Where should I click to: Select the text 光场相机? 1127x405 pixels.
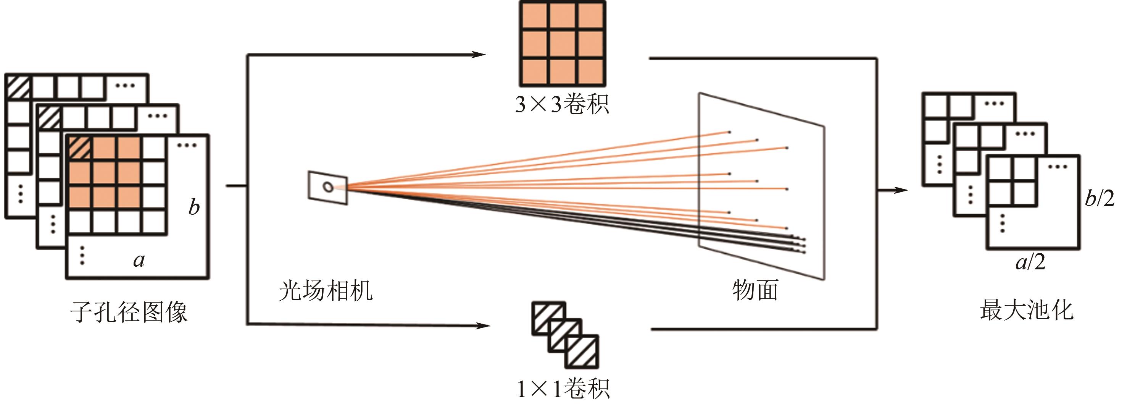click(x=326, y=290)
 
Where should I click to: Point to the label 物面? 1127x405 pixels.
click(x=756, y=290)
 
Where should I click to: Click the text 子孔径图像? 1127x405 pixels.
click(x=129, y=312)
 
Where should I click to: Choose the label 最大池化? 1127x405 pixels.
click(x=1026, y=310)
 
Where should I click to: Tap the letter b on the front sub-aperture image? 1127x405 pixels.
click(x=194, y=207)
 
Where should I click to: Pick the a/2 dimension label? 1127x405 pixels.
click(x=1030, y=262)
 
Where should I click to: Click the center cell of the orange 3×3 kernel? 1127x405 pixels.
click(x=563, y=44)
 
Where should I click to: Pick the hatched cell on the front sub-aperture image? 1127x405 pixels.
click(x=79, y=148)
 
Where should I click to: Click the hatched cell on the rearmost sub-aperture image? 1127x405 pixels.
click(x=18, y=87)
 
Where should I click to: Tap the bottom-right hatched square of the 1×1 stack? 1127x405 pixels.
click(x=582, y=352)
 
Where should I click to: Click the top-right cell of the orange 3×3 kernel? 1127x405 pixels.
click(x=591, y=16)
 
